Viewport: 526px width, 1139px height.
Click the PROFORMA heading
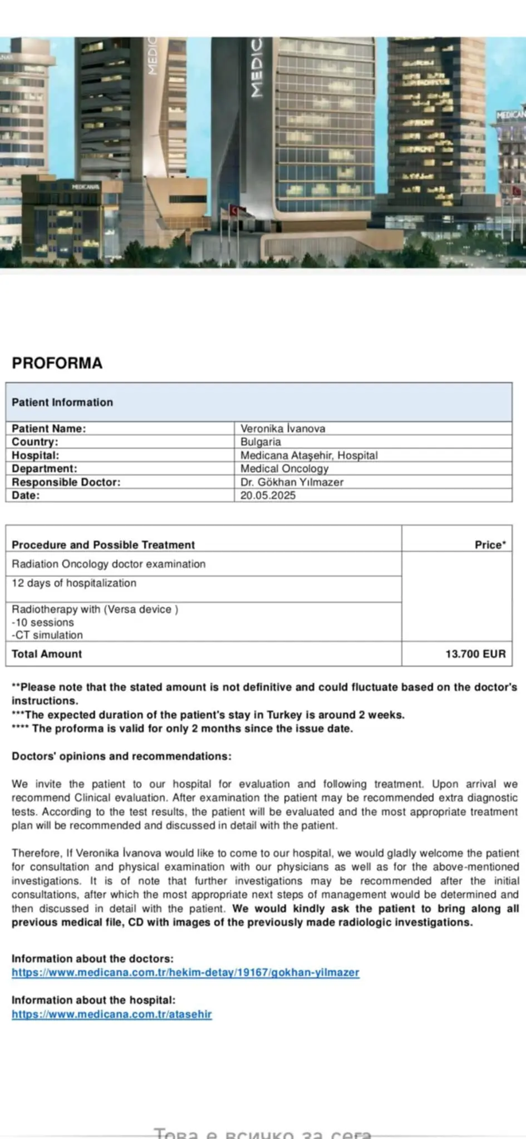click(57, 363)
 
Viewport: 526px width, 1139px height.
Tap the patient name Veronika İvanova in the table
click(283, 428)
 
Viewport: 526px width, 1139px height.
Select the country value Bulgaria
click(260, 442)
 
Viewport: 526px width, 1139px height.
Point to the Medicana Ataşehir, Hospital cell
click(309, 455)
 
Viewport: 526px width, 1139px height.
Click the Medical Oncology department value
click(284, 468)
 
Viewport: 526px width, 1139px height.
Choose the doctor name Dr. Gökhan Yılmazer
click(292, 482)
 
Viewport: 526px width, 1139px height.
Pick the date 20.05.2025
click(268, 495)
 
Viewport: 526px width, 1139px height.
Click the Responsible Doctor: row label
click(66, 482)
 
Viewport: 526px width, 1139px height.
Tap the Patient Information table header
click(62, 402)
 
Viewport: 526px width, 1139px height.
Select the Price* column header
click(490, 544)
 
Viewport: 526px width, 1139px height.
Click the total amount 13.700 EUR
click(475, 653)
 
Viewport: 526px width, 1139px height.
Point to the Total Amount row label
click(47, 653)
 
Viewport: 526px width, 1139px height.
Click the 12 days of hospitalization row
click(74, 583)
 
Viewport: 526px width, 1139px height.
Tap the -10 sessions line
click(43, 622)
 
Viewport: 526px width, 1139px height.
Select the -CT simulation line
click(47, 635)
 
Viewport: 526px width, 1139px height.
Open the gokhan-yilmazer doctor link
click(185, 972)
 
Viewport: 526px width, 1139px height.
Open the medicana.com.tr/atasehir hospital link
click(112, 1014)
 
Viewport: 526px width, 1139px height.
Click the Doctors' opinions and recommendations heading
click(121, 756)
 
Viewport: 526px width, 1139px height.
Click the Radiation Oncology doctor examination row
click(109, 564)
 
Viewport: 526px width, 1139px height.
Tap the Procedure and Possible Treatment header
click(103, 544)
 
